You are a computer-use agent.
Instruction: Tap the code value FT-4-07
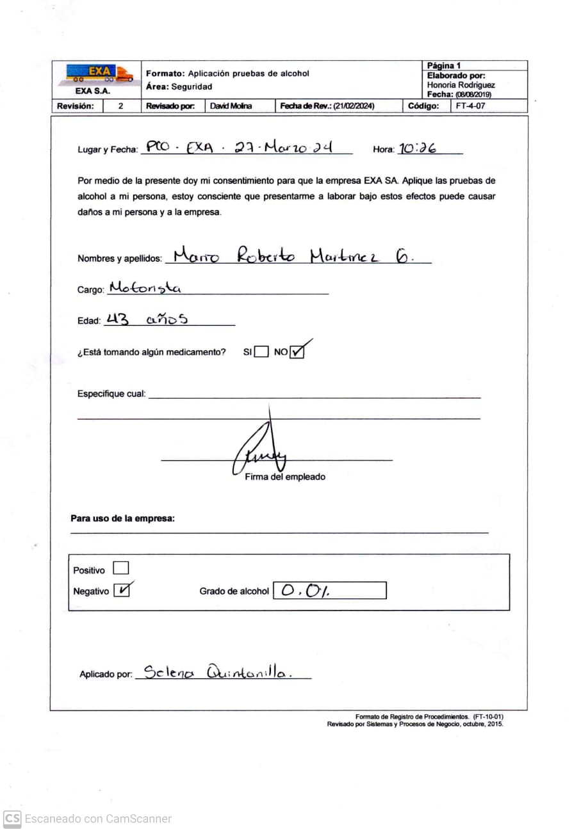click(x=470, y=106)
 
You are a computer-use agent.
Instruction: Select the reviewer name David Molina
click(x=231, y=106)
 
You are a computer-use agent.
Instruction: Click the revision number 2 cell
click(x=121, y=106)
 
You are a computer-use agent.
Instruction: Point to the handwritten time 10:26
click(x=417, y=148)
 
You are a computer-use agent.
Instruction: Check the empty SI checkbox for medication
click(x=261, y=352)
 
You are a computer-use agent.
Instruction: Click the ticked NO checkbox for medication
click(x=297, y=352)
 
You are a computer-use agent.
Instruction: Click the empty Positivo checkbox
click(x=120, y=568)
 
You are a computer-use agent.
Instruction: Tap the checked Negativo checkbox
click(x=121, y=590)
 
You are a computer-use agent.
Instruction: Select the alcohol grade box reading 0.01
click(x=329, y=590)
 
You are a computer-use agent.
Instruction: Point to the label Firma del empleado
click(x=285, y=477)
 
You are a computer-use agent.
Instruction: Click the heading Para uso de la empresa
click(x=122, y=518)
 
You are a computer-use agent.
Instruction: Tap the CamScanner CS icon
click(x=12, y=819)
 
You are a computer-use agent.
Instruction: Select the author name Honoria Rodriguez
click(x=461, y=84)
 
